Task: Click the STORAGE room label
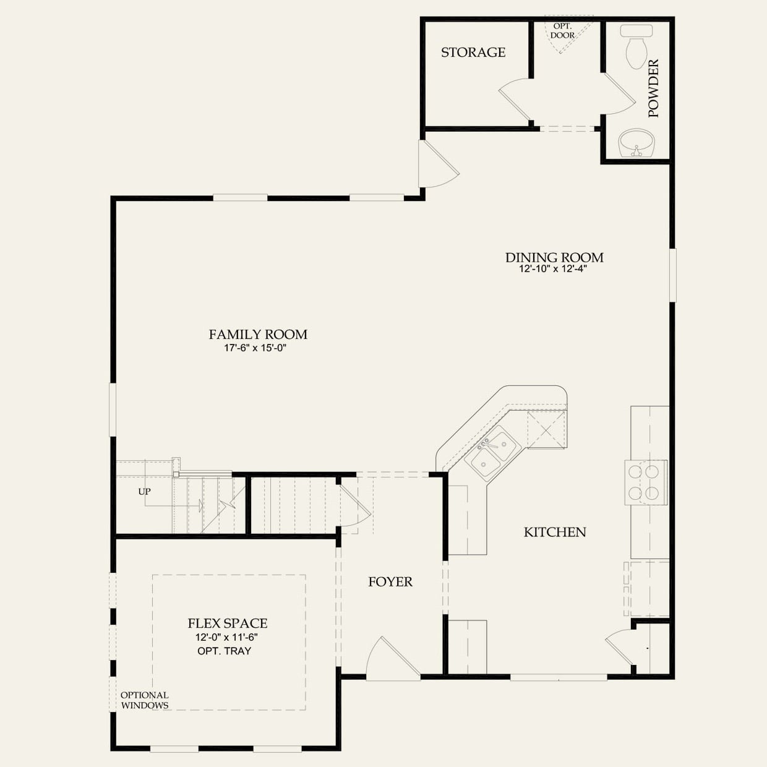[x=473, y=52]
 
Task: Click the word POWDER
[x=654, y=88]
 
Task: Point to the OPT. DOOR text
[x=563, y=31]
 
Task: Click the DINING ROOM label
[x=554, y=257]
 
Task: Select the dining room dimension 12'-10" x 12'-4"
[x=553, y=269]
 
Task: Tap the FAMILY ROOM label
[x=258, y=335]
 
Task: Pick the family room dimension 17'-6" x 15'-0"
[x=255, y=348]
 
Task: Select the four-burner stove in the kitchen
[x=646, y=482]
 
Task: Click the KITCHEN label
[x=555, y=532]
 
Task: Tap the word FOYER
[x=390, y=582]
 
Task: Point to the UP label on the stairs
[x=145, y=492]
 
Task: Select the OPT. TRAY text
[x=225, y=651]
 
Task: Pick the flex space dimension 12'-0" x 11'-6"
[x=226, y=637]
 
